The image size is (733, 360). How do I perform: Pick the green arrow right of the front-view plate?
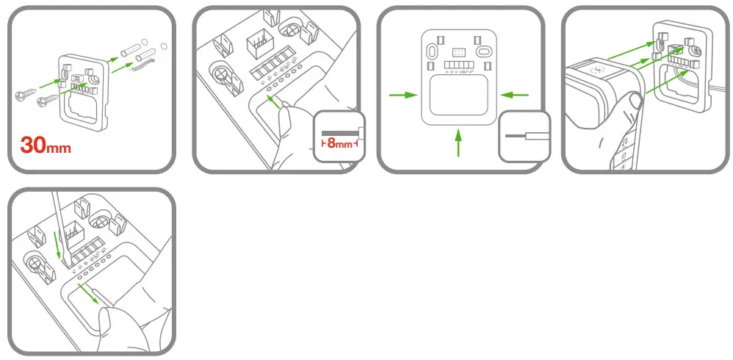click(x=516, y=94)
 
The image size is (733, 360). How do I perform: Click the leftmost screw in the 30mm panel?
click(x=22, y=95)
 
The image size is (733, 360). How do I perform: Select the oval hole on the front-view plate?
click(x=483, y=52)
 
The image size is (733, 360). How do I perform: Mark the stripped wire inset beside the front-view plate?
click(x=525, y=137)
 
